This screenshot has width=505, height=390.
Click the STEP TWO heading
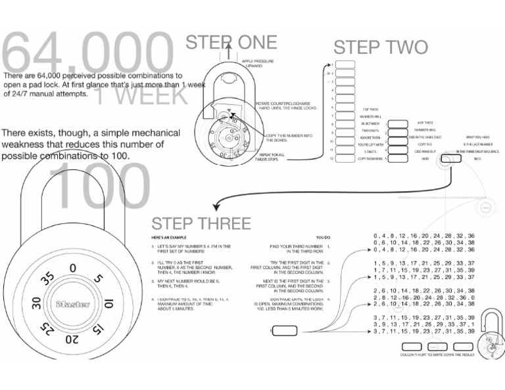[x=380, y=47]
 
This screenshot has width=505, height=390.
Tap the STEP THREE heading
[x=201, y=223]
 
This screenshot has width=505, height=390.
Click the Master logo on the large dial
[x=72, y=305]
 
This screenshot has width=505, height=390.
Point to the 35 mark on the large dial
[x=47, y=278]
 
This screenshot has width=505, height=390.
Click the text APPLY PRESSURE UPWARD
[x=258, y=64]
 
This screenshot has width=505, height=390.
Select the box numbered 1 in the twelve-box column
[x=346, y=64]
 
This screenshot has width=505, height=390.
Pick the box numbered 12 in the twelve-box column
[x=346, y=158]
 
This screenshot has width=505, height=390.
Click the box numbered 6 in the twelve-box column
[x=346, y=107]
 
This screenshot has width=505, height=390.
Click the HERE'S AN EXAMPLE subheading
[x=170, y=236]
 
